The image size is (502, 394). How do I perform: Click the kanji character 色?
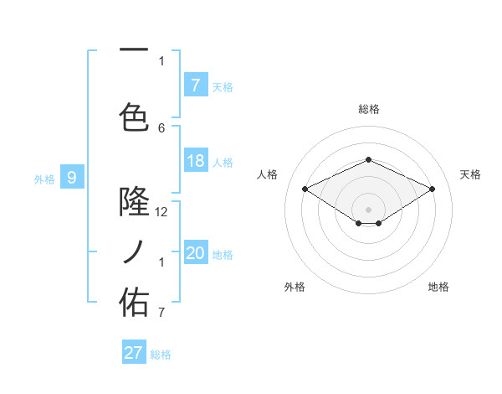click(x=134, y=116)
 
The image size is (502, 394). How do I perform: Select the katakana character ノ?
click(x=134, y=251)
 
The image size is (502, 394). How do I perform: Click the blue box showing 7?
click(x=195, y=85)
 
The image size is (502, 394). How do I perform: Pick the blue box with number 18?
click(x=196, y=161)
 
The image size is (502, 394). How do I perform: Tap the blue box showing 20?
click(x=196, y=253)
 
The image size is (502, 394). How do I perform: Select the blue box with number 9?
click(x=72, y=177)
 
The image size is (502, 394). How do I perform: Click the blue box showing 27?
click(x=134, y=353)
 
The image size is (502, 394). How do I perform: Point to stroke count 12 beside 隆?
click(x=161, y=212)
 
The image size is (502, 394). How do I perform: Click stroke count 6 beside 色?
click(x=161, y=128)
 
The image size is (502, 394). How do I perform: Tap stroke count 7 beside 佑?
click(x=161, y=314)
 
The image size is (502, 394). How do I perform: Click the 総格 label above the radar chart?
click(x=369, y=109)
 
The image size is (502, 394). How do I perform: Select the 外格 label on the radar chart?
click(x=295, y=287)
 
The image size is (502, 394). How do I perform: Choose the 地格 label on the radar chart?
click(x=438, y=287)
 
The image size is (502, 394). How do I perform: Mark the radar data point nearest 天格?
click(x=432, y=189)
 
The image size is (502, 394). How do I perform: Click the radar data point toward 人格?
click(x=305, y=189)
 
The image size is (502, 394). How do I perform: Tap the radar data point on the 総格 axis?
click(x=368, y=159)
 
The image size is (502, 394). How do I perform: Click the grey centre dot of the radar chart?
click(x=368, y=209)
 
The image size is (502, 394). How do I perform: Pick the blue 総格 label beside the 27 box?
click(x=161, y=354)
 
